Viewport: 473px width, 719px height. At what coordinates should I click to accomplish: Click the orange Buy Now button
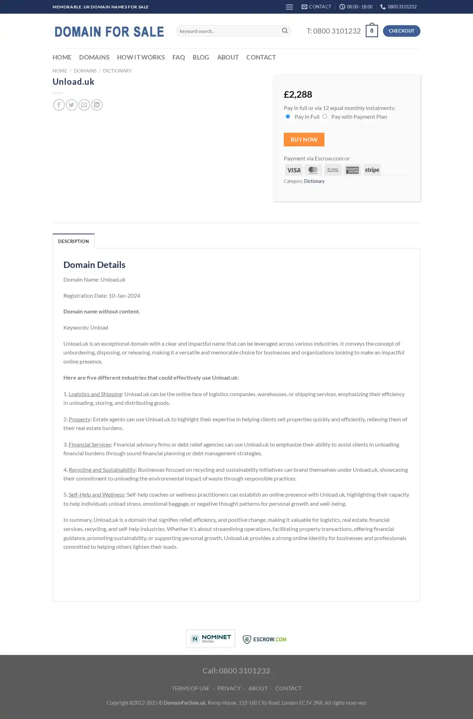pos(304,139)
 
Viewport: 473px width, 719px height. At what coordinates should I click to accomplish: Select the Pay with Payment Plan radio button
pos(325,117)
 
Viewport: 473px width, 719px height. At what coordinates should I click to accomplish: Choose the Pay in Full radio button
pos(288,117)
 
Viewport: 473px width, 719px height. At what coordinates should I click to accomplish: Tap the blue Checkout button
pos(401,31)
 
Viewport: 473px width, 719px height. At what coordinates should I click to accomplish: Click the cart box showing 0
pos(371,31)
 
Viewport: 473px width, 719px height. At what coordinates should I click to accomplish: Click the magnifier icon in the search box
pos(285,31)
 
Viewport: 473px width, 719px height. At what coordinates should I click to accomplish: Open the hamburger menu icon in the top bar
pos(289,7)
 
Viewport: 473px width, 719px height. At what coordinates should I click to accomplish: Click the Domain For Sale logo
pos(109,32)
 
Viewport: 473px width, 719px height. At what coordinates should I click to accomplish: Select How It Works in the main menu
pos(141,57)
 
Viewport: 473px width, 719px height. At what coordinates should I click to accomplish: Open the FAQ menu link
pos(178,57)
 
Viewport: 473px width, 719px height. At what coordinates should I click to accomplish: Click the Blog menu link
pos(201,57)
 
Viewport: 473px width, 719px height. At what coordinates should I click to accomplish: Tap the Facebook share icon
pos(59,105)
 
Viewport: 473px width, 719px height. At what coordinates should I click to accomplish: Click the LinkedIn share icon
pos(97,105)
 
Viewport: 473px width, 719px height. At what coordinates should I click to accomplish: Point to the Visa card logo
pos(294,170)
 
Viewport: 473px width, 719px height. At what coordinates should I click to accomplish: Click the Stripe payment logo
pos(372,170)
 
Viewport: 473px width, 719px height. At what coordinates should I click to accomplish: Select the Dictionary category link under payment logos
pos(314,181)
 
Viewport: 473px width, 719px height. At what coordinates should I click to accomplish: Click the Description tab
pos(74,241)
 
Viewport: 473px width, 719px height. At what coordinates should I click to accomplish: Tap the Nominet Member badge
pos(210,639)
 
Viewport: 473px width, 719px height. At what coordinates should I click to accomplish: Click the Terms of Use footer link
pos(191,688)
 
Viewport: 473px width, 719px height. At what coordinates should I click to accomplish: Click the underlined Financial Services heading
pos(90,444)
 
